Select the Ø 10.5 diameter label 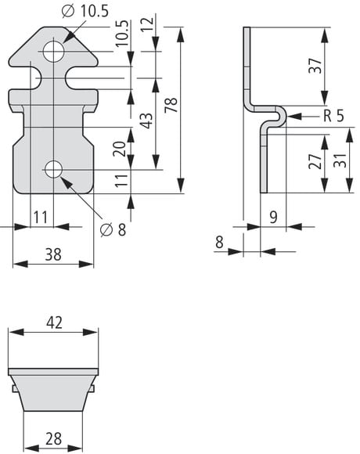point(85,12)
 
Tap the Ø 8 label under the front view point(113,230)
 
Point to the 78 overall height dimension point(171,106)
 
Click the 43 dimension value point(146,121)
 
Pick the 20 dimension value point(120,149)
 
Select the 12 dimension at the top point(147,23)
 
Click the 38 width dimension point(53,254)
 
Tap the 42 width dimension point(54,322)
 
